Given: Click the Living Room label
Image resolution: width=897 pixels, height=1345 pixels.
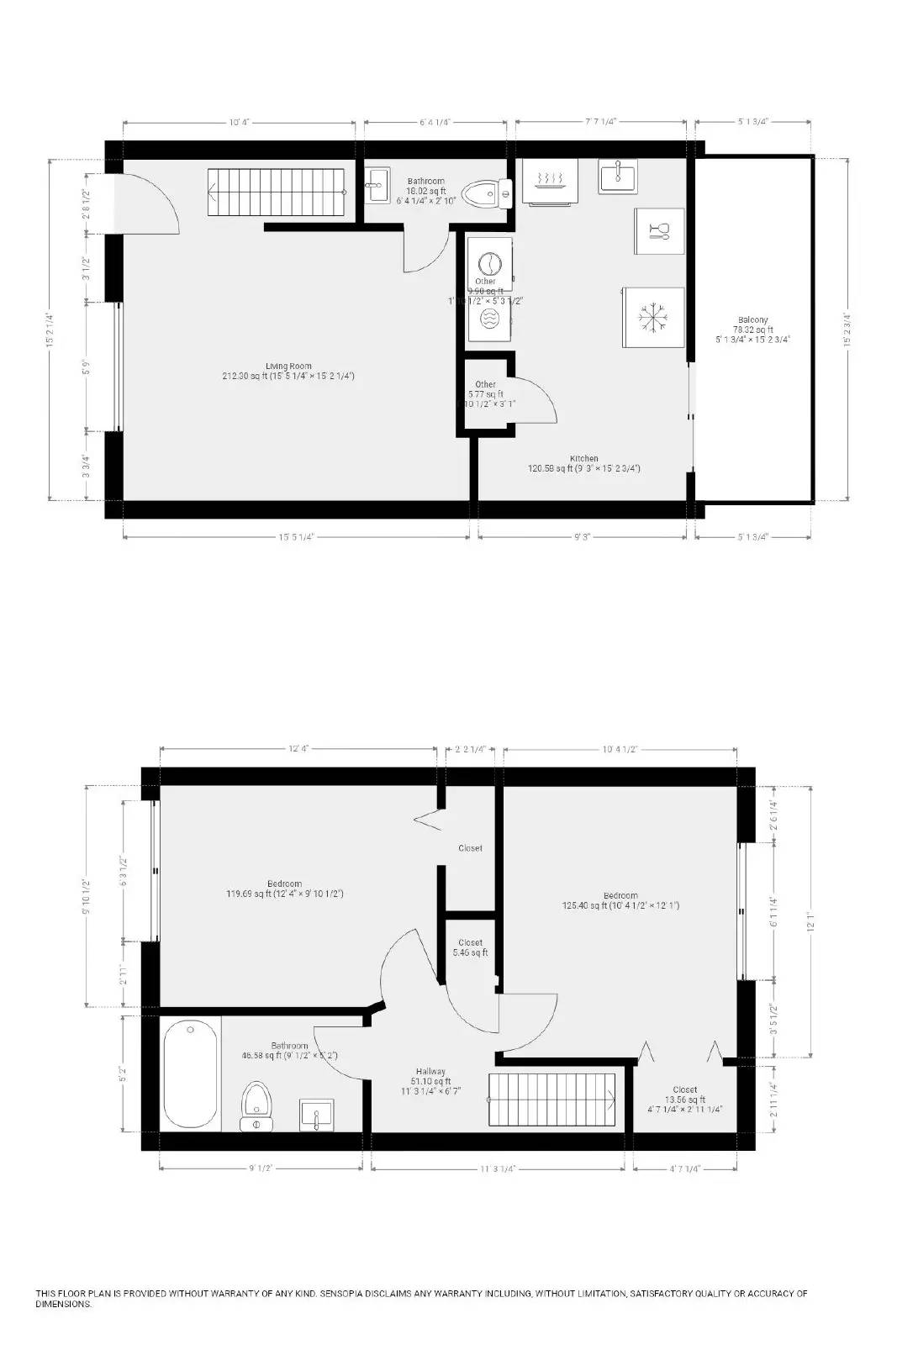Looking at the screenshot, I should coord(288,367).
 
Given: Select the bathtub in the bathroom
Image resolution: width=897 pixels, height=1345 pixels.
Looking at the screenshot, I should coord(192,1073).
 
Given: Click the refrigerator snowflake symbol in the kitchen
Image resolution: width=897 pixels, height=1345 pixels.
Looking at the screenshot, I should coord(652,317).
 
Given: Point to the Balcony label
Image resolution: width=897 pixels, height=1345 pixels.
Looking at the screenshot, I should coord(752,320).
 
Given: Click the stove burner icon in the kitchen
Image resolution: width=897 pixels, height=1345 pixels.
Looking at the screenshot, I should coord(549,180).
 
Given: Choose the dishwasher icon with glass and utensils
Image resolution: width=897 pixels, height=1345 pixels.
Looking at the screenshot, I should coord(659,230).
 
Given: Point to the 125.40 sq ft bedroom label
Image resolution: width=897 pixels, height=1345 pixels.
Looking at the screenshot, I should coord(620,896).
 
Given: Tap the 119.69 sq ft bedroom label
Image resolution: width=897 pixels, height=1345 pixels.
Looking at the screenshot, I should coord(284,883).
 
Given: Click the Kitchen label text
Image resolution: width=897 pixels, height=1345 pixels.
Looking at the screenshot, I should coord(583,459).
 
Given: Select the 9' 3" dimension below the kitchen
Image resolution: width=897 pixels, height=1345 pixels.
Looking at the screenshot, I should coord(582,535).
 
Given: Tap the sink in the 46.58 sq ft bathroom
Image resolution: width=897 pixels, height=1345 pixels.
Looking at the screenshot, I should coord(317,1116).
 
